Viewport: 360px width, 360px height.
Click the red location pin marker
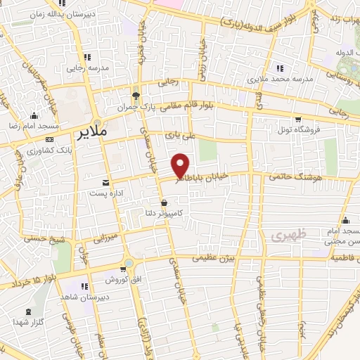tap(181, 166)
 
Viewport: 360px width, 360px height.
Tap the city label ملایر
tap(93, 131)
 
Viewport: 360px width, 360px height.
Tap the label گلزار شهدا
tap(29, 323)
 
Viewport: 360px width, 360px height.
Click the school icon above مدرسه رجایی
tap(87, 58)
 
